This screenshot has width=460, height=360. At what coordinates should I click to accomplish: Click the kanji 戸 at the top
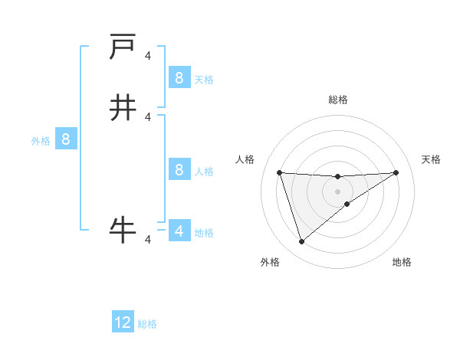click(x=123, y=47)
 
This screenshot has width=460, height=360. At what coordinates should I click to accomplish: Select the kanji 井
click(x=123, y=108)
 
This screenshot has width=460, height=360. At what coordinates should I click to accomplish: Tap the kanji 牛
click(x=123, y=229)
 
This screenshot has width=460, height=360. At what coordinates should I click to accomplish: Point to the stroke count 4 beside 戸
click(x=148, y=55)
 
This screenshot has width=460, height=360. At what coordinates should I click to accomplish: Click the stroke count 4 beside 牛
click(x=148, y=241)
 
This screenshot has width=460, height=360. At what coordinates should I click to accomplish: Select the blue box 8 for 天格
click(x=179, y=77)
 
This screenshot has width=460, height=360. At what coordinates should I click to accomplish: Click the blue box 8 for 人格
click(x=179, y=169)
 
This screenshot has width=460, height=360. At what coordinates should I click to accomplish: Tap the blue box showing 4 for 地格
click(x=179, y=231)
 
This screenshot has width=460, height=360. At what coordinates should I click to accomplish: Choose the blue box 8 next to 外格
click(x=66, y=139)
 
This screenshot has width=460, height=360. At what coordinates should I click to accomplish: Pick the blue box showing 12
click(x=123, y=322)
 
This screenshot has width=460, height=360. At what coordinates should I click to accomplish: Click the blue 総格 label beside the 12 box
click(x=147, y=324)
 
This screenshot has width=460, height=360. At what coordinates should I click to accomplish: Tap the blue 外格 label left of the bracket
click(x=41, y=141)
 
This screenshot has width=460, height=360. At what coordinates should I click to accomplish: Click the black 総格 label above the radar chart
click(x=338, y=100)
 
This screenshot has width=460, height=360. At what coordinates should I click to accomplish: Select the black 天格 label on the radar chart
click(x=431, y=159)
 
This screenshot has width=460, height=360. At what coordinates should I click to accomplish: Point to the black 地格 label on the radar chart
click(x=402, y=262)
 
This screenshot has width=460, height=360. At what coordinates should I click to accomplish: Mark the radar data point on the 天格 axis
click(x=396, y=172)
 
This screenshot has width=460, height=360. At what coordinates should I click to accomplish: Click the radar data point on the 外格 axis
click(x=301, y=242)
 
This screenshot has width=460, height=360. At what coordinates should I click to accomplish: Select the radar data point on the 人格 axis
click(x=280, y=172)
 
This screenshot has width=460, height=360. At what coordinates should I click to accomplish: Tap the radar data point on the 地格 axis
click(x=347, y=204)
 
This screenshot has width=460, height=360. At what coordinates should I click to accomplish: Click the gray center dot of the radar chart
click(x=337, y=191)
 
